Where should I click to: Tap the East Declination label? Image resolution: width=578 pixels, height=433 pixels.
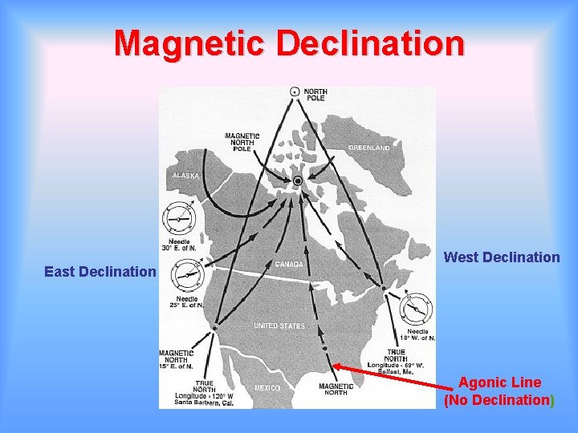coord(100,272)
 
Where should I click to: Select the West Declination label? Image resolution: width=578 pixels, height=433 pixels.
coord(502,257)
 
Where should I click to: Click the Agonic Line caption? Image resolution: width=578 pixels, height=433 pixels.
coord(499,391)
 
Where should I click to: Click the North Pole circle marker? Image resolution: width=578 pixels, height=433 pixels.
coord(295,93)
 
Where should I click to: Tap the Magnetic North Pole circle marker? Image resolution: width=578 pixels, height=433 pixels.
coord(298,181)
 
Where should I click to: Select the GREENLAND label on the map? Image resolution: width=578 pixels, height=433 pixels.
coord(369,148)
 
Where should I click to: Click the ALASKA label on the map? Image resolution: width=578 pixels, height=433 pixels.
coord(185,176)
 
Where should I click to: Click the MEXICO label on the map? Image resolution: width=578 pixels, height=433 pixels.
coord(267,388)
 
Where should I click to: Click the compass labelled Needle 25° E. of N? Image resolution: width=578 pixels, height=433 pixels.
coord(188,274)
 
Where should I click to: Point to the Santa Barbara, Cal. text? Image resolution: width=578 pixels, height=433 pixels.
coord(206,403)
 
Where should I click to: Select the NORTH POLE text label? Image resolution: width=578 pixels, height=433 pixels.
coord(315,95)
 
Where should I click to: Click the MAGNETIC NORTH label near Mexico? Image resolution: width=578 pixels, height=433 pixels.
coord(336,389)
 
